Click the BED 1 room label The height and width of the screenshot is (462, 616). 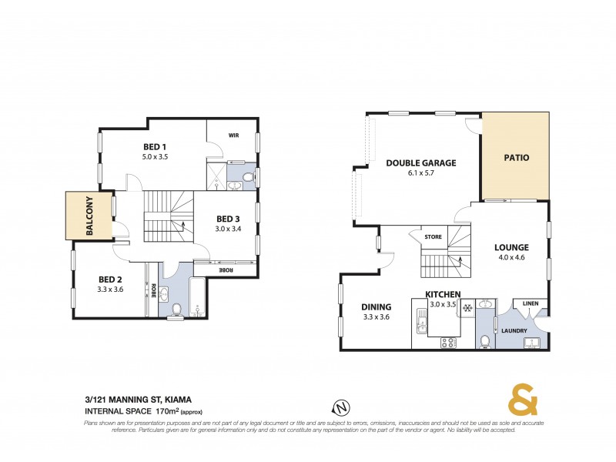[x=155, y=146]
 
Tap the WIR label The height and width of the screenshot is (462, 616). [x=233, y=135]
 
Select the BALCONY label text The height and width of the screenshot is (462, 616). [x=89, y=216]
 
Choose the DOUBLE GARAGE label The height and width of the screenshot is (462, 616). [x=421, y=162]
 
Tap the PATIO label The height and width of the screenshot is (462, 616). [x=516, y=158]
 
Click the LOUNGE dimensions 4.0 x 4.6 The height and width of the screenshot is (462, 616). [x=511, y=258]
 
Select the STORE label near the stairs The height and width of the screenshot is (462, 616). [x=433, y=237]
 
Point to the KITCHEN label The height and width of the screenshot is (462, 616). [x=444, y=294]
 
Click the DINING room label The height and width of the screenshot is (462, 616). [x=377, y=306]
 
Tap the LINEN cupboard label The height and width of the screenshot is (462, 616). [x=530, y=304]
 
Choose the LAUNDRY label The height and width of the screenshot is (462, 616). [x=514, y=331]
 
